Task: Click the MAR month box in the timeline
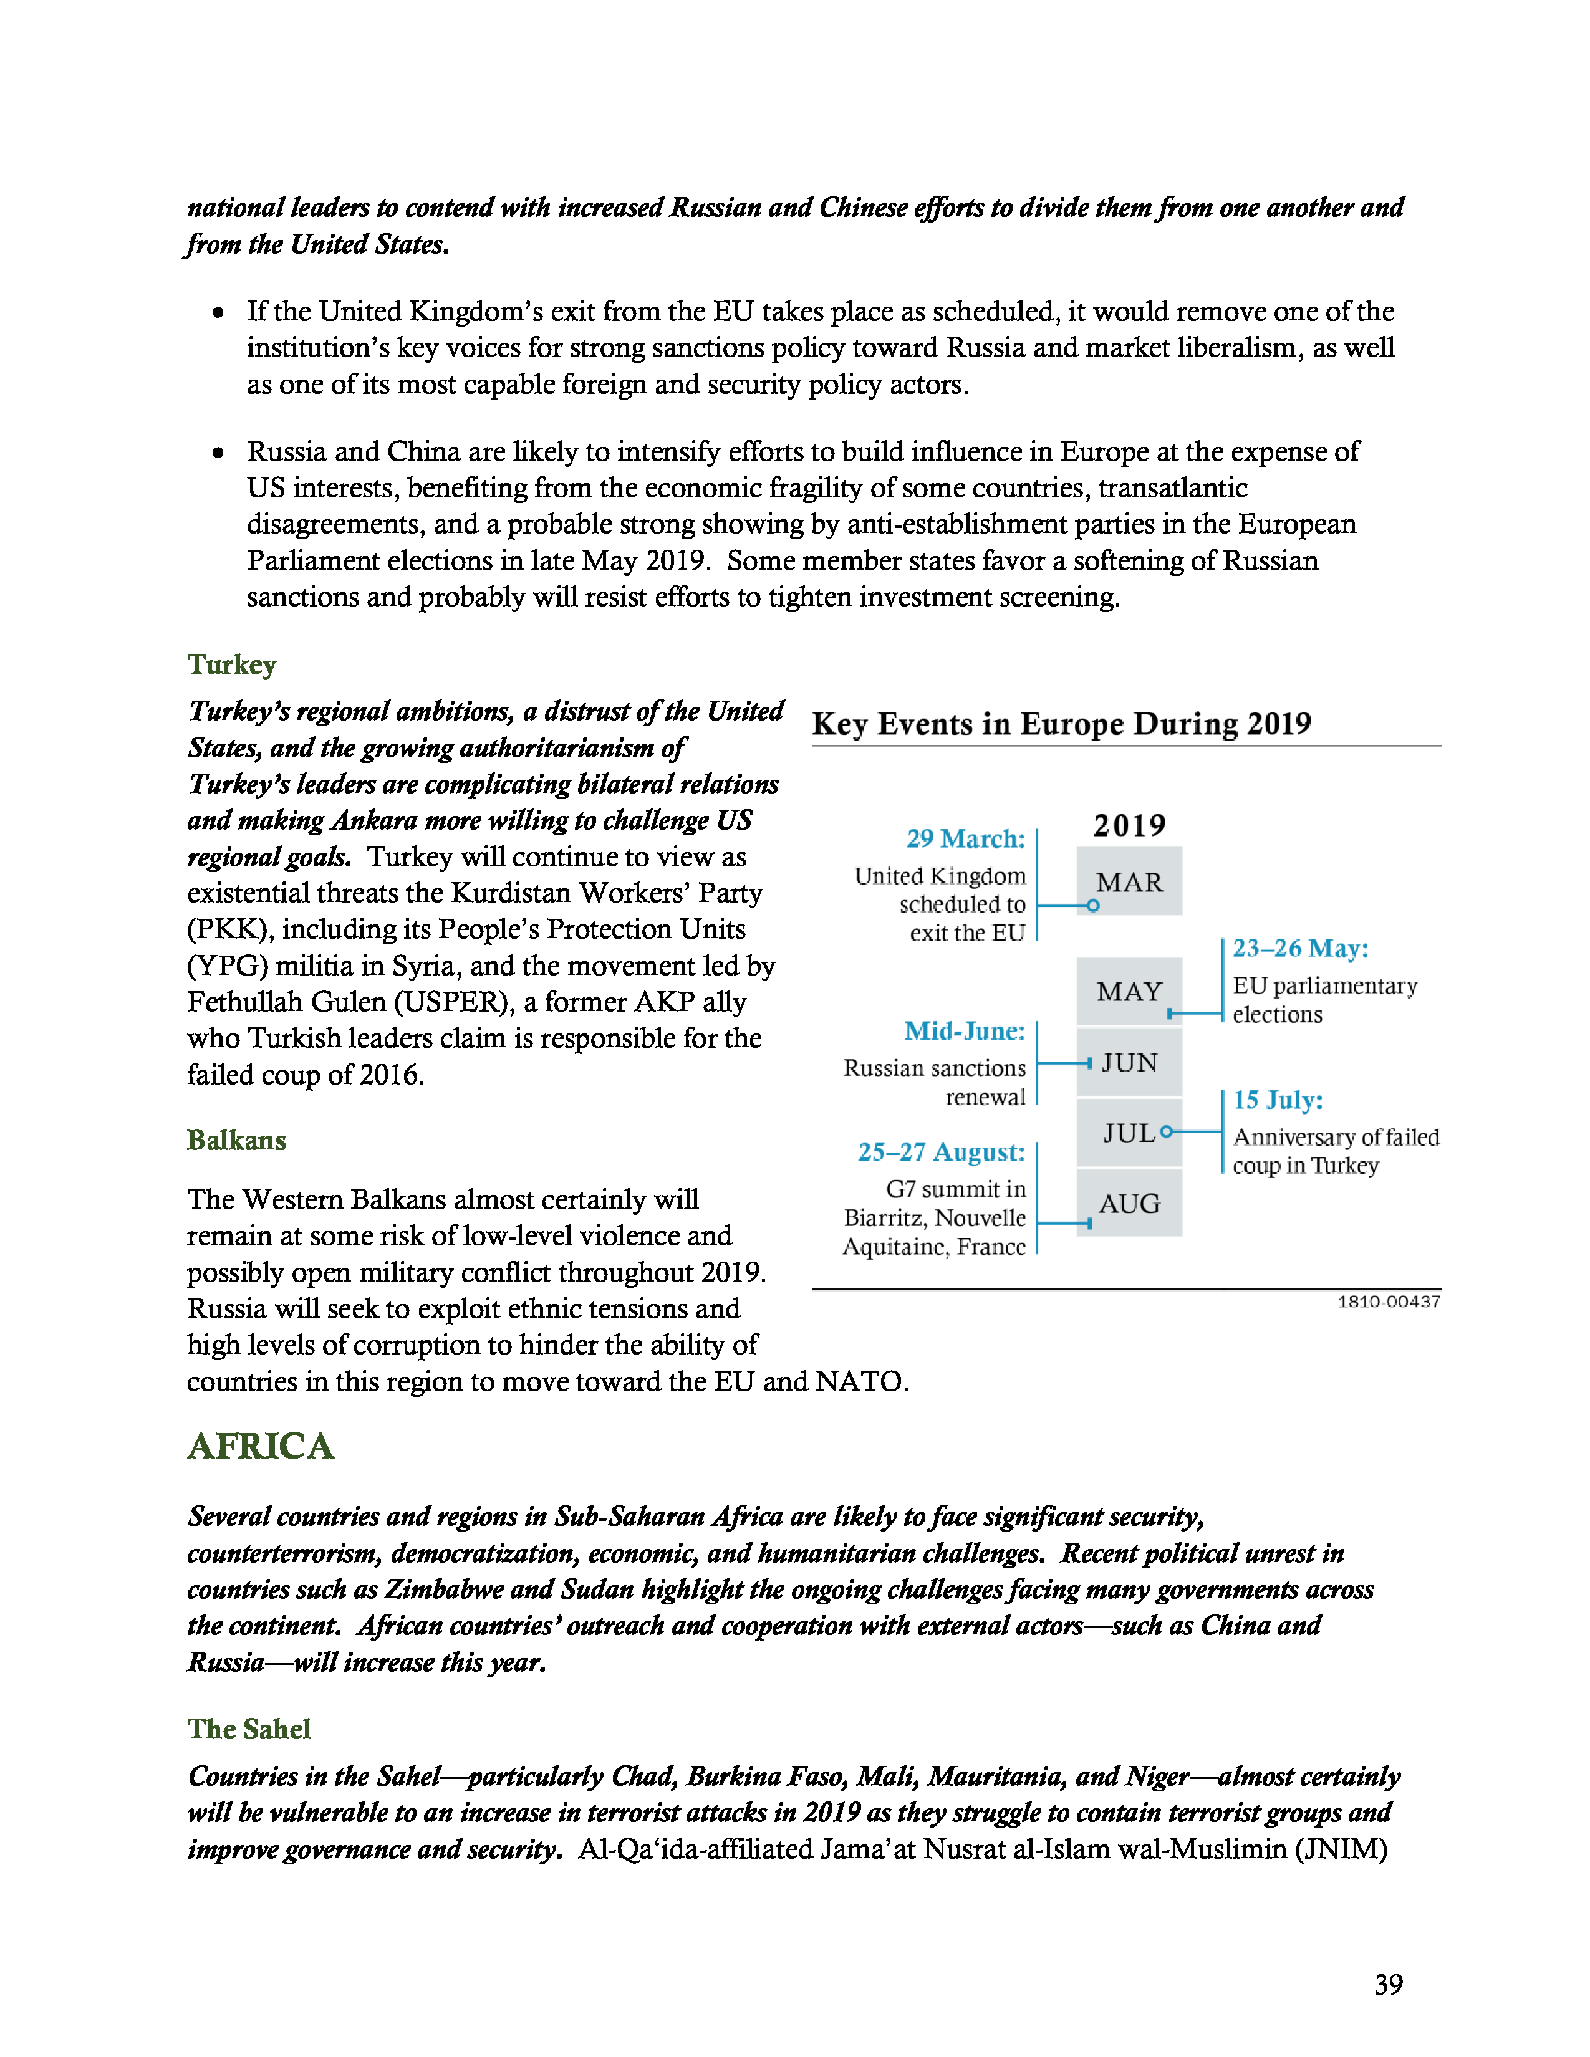(x=1129, y=881)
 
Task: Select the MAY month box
(x=1129, y=991)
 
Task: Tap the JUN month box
(x=1129, y=1062)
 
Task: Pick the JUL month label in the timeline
(x=1129, y=1133)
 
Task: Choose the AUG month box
(x=1129, y=1203)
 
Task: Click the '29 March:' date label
(x=965, y=838)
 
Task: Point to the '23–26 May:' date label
(x=1300, y=949)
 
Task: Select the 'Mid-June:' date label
(x=965, y=1032)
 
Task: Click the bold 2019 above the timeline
(x=1129, y=826)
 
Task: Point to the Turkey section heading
(x=232, y=665)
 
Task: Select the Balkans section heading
(x=236, y=1141)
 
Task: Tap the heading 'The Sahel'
(x=249, y=1729)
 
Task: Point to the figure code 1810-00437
(x=1389, y=1302)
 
